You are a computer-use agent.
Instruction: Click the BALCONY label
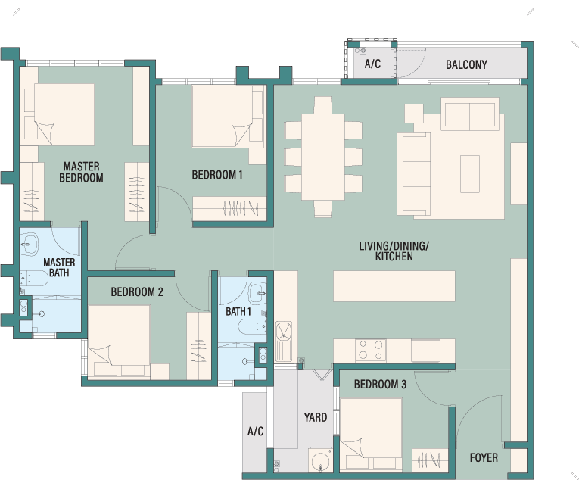click(466, 64)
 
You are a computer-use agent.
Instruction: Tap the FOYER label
click(484, 457)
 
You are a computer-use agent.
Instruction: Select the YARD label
click(316, 417)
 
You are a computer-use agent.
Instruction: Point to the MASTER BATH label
click(59, 267)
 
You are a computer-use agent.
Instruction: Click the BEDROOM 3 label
click(380, 385)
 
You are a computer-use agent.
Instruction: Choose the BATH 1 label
click(238, 311)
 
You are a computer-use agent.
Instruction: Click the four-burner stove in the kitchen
click(371, 350)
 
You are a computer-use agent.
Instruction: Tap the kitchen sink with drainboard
click(285, 341)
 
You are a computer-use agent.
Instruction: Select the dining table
click(323, 157)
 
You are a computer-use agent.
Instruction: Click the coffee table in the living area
click(470, 174)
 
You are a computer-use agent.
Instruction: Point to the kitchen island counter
click(394, 286)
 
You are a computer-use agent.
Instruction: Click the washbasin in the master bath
click(29, 244)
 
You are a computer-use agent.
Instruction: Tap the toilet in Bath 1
click(253, 326)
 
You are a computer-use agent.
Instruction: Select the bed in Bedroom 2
click(119, 341)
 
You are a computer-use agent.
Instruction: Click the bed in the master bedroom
click(59, 114)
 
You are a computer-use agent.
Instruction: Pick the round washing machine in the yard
click(320, 460)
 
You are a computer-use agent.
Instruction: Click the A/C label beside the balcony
click(372, 64)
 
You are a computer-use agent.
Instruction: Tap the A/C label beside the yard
click(255, 431)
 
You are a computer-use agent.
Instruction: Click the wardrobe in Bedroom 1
click(229, 209)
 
